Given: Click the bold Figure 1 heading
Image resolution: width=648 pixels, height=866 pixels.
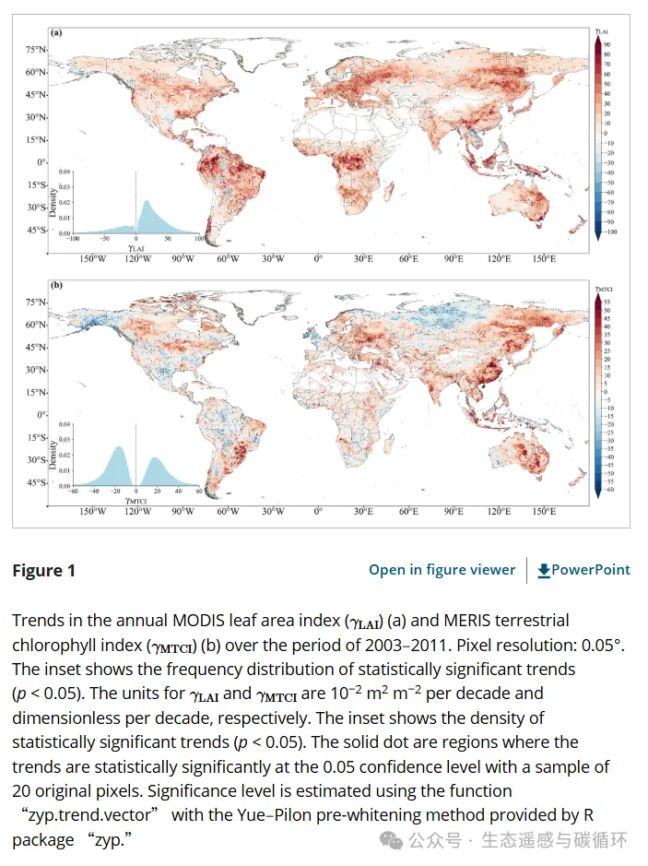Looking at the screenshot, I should point(43,570).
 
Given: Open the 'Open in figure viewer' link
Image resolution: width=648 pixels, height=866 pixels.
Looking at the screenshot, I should point(442,570).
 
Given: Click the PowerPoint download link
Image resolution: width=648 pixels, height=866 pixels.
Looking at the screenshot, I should point(583,570).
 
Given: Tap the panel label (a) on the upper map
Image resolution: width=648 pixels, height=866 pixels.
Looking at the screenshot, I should point(57,33).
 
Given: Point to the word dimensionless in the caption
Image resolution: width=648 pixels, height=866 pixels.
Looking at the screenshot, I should point(59,718).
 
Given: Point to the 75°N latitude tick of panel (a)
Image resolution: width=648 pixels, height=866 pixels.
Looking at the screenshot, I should point(36,49).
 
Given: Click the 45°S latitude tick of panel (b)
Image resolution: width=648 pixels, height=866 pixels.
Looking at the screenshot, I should point(36,482).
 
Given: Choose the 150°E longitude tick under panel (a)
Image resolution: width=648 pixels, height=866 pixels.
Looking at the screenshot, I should point(543,259).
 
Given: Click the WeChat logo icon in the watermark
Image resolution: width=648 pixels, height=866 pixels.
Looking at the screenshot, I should point(395,840).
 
